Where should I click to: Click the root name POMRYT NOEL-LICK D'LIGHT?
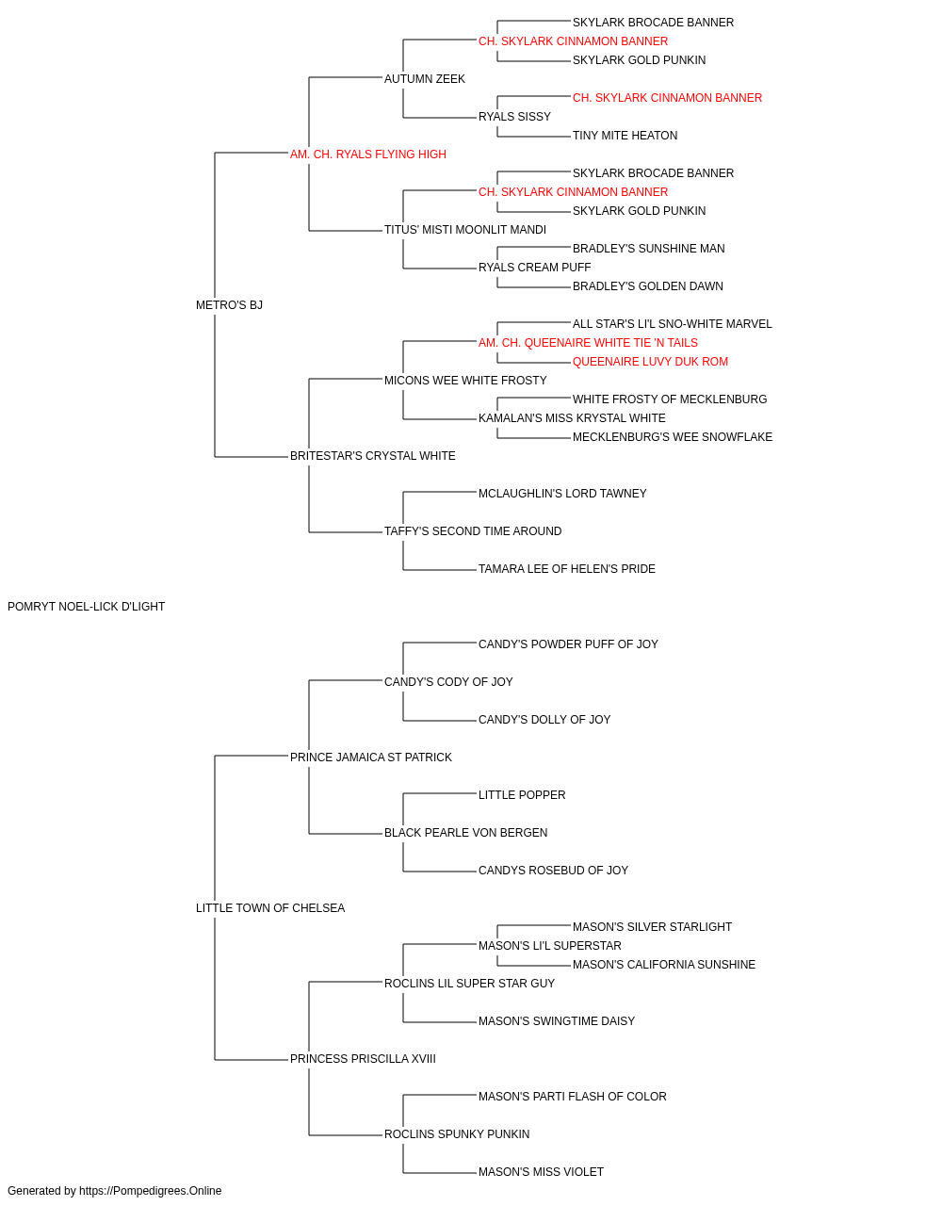pyautogui.click(x=86, y=607)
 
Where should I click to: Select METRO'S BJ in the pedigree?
pyautogui.click(x=229, y=305)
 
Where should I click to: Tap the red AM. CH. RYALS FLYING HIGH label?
pyautogui.click(x=367, y=155)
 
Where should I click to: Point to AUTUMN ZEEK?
pyautogui.click(x=425, y=79)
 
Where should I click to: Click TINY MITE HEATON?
pyautogui.click(x=625, y=136)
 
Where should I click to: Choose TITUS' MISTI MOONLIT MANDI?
pyautogui.click(x=465, y=230)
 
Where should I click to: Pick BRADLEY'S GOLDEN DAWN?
pyautogui.click(x=647, y=286)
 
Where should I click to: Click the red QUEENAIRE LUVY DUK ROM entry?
pyautogui.click(x=650, y=362)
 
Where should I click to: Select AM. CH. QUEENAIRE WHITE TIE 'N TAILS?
pyautogui.click(x=588, y=343)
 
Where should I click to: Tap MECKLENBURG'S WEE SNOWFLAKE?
pyautogui.click(x=673, y=437)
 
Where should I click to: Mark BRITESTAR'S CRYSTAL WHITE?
pyautogui.click(x=372, y=456)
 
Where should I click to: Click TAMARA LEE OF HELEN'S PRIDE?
pyautogui.click(x=566, y=569)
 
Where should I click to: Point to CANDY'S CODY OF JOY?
pyautogui.click(x=448, y=682)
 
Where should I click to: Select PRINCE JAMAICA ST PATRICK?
pyautogui.click(x=370, y=758)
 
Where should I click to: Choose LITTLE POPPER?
pyautogui.click(x=522, y=795)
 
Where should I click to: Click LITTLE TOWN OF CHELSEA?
pyautogui.click(x=270, y=908)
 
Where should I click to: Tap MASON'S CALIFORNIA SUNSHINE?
pyautogui.click(x=664, y=965)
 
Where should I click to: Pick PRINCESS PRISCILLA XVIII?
pyautogui.click(x=363, y=1059)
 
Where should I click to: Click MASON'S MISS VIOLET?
pyautogui.click(x=541, y=1171)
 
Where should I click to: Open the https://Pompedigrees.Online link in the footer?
pyautogui.click(x=151, y=1191)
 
